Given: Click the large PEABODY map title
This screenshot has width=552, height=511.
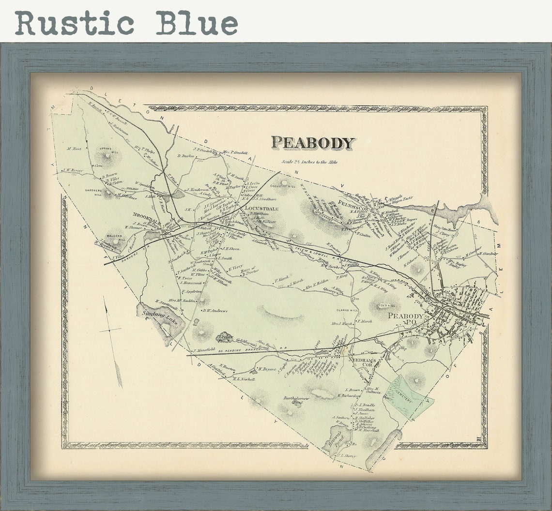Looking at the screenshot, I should pos(313,143).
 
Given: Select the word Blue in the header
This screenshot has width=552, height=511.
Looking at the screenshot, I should pos(197,23).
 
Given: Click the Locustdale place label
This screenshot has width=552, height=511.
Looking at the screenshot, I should pos(261,209).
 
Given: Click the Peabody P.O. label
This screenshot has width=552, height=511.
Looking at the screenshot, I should pos(406,319).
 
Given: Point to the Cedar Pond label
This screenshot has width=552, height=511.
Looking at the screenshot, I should pos(224,337).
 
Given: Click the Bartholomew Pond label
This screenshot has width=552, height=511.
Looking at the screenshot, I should pos(296,400).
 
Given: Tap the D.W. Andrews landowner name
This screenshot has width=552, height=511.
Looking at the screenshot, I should pos(215,311).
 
